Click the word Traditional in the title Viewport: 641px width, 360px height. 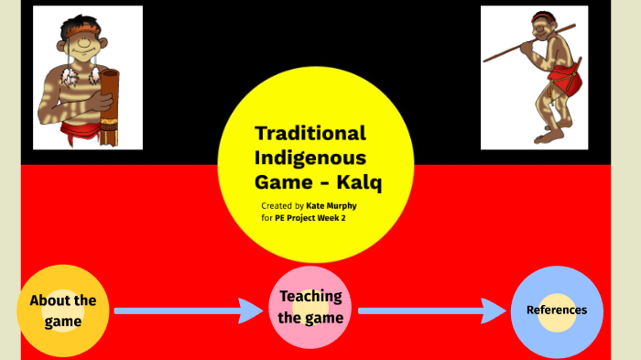click(310, 133)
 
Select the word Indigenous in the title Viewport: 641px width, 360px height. click(310, 158)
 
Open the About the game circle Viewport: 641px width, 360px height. click(62, 311)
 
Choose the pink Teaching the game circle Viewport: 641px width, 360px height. click(311, 307)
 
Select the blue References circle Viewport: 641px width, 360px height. click(557, 311)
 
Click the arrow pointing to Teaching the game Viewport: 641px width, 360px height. click(188, 311)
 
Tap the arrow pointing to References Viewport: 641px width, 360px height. click(430, 311)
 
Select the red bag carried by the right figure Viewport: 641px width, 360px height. click(570, 84)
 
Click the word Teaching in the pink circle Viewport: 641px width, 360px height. click(311, 296)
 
